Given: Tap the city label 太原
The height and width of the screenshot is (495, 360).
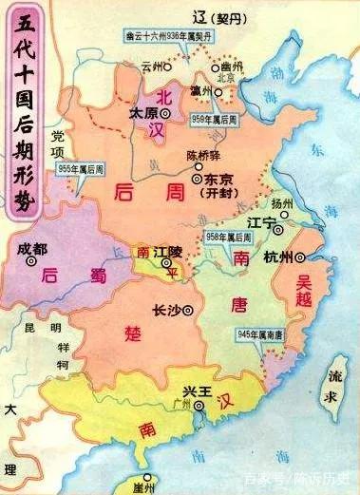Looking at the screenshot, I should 142,112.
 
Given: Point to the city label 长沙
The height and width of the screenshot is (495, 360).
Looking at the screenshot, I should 166,310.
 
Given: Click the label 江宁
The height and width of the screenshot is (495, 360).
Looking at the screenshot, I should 259,220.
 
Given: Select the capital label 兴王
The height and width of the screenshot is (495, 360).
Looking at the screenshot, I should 197,392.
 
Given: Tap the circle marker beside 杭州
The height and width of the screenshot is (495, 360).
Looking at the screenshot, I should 300,257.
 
